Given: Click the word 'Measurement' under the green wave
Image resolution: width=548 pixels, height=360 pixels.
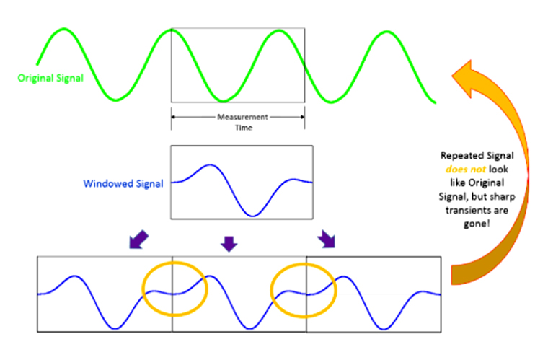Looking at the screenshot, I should pos(237,117).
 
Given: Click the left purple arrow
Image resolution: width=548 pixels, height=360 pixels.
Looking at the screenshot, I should pos(139,240).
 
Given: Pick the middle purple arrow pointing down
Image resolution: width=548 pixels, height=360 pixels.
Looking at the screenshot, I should pos(229,243).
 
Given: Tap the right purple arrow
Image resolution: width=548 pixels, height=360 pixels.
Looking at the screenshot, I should pos(327,240).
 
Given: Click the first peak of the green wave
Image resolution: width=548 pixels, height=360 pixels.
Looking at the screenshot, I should pos(64,30).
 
